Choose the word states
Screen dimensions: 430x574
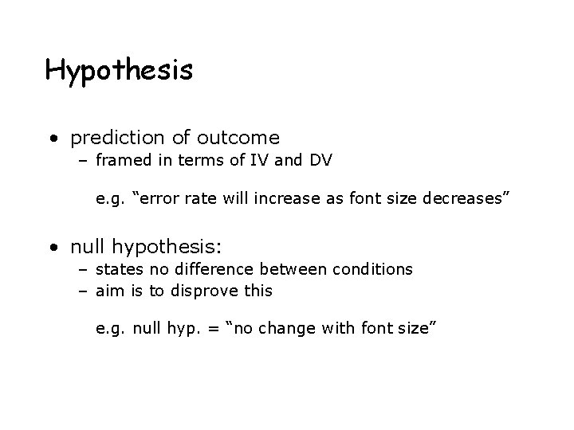click(120, 269)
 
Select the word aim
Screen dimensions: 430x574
click(110, 291)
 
